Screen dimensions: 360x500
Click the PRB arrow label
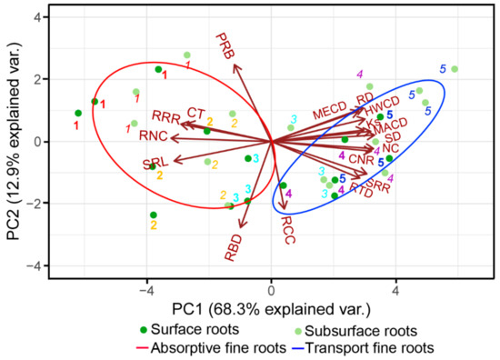click(225, 48)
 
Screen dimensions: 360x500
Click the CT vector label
click(196, 112)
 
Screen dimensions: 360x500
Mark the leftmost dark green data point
click(78, 113)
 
